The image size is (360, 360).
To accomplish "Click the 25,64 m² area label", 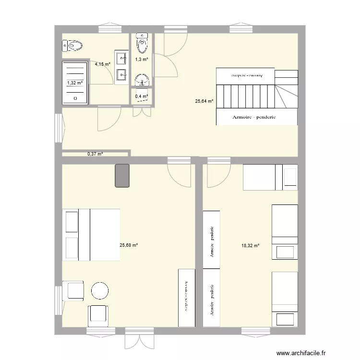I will click(204, 101).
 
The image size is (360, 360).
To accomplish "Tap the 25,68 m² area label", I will click(129, 245).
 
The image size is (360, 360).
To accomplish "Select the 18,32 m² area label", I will click(250, 245).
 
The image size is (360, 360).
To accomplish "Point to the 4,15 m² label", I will click(102, 64).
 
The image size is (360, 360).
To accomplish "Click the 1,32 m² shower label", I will click(74, 83).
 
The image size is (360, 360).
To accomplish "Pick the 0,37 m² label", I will click(95, 154).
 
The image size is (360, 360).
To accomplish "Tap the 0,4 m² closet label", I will click(141, 96).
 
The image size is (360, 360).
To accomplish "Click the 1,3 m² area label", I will click(142, 60).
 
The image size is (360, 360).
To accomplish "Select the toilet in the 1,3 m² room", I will click(142, 44).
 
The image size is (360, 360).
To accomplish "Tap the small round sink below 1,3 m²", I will click(142, 80).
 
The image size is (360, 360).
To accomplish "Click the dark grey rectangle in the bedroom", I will click(122, 175).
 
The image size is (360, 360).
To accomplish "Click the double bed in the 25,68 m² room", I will click(91, 235).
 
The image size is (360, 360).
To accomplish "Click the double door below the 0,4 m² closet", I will click(141, 111).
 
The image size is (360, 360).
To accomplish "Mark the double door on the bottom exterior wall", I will click(139, 339).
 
